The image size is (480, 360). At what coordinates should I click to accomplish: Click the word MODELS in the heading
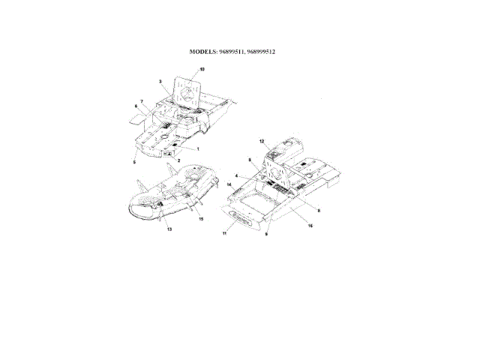205,52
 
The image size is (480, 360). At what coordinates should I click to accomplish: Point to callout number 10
201,69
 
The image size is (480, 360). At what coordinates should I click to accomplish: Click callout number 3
160,80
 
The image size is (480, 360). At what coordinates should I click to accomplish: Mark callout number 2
178,160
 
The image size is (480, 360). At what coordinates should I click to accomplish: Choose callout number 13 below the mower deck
169,229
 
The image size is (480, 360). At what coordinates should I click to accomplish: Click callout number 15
201,219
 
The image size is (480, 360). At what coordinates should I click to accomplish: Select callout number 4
238,176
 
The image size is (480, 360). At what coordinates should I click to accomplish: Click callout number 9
267,234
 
